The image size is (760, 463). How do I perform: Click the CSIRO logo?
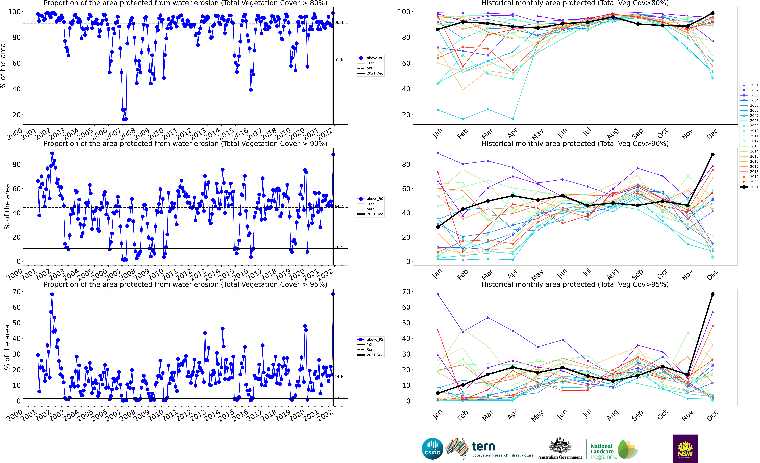(432, 448)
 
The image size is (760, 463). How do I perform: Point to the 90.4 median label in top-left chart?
(339, 23)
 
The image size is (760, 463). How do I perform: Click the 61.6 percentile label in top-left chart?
(339, 60)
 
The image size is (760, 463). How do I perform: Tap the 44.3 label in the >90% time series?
(339, 206)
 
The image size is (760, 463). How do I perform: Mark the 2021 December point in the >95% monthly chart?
(712, 294)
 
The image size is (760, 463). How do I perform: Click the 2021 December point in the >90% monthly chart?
(712, 155)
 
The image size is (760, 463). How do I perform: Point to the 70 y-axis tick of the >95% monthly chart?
(406, 292)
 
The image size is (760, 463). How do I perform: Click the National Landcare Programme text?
(603, 451)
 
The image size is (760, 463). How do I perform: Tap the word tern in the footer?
(483, 446)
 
